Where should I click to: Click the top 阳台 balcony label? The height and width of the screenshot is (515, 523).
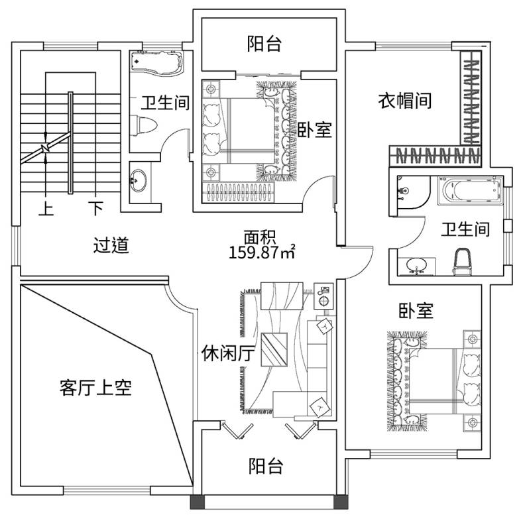point(264,44)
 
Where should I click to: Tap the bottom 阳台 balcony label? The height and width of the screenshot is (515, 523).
point(266,467)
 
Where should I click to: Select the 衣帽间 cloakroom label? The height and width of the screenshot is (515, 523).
point(405,101)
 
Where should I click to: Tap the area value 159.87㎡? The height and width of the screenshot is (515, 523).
point(261,252)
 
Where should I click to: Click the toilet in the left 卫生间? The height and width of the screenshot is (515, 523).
point(144,125)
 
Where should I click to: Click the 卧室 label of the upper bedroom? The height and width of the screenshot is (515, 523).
point(314,130)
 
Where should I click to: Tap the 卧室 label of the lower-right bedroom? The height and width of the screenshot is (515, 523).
point(416,310)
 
